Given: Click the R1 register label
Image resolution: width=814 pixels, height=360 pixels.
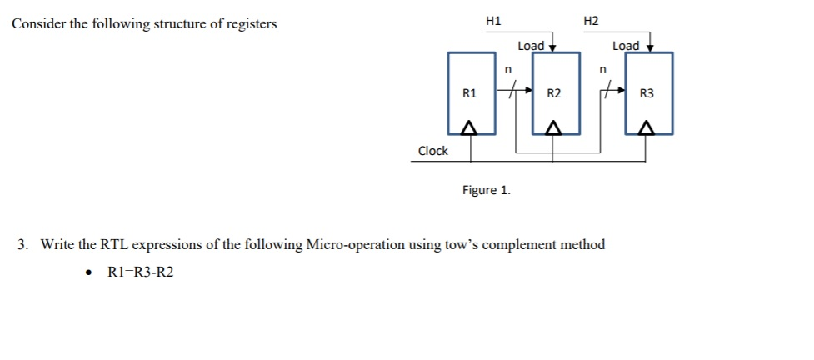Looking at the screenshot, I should pos(470,93).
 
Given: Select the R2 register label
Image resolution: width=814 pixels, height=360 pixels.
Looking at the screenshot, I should pos(554,93).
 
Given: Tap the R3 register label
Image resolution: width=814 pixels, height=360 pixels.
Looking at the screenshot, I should pos(647,93).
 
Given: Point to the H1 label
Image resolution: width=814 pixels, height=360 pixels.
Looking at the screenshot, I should pos(493,20).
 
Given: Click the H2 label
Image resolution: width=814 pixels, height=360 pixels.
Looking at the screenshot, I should pos(591,20).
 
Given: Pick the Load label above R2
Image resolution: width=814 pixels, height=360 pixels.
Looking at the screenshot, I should pos(531,46).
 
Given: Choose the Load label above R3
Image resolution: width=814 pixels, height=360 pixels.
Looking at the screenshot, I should pos(625,46).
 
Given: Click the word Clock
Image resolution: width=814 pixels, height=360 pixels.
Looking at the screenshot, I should pos(432,151).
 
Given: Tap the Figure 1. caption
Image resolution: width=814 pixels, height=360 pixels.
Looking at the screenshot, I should pos(487,190).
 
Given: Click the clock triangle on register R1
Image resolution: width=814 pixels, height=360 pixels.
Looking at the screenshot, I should pos(469,127).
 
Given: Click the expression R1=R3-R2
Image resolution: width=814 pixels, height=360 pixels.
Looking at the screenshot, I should pos(142,272).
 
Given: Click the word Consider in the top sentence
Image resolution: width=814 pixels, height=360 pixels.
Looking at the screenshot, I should pos(37,23).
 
